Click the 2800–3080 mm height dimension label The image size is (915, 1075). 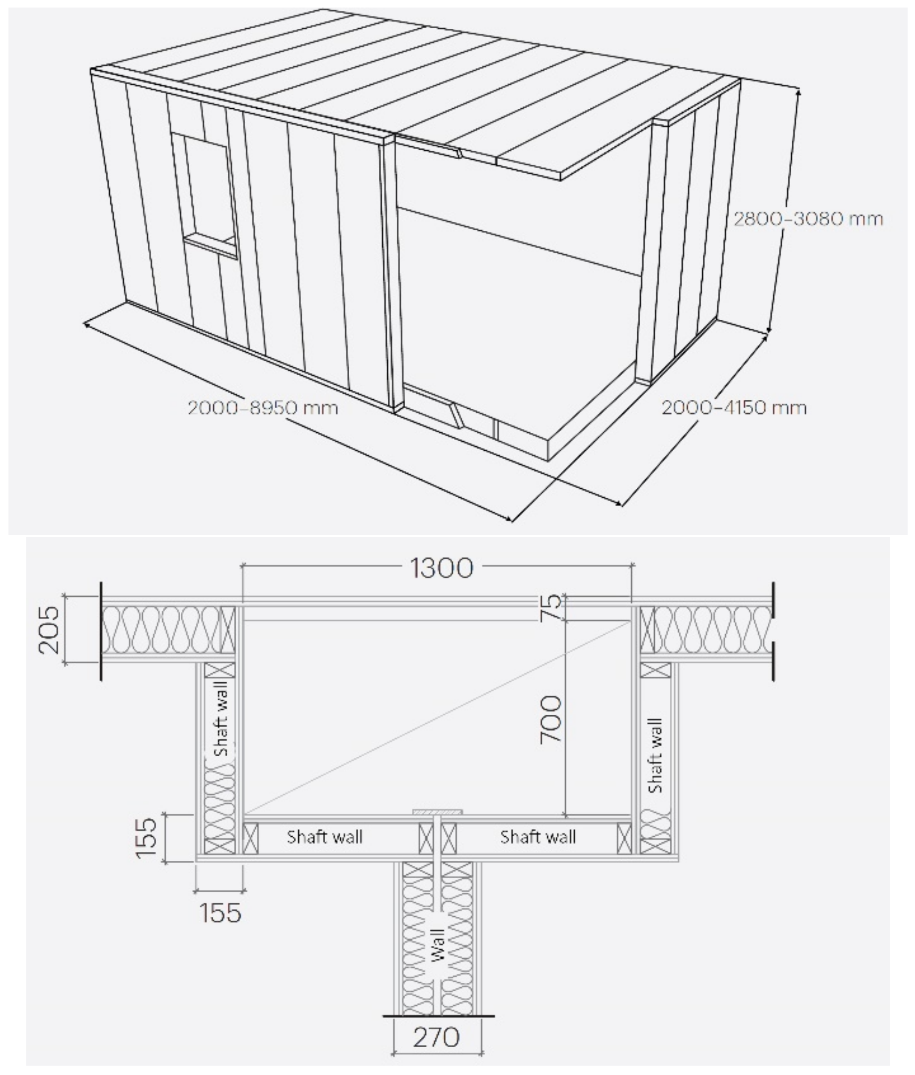coord(808,219)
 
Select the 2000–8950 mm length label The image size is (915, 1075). coord(263,408)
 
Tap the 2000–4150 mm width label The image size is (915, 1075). coord(734,408)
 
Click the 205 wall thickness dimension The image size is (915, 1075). coord(50,630)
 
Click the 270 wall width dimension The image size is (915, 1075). coord(436,1037)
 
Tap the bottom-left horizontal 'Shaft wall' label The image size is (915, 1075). coord(325,836)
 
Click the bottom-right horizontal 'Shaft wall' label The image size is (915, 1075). coord(538,836)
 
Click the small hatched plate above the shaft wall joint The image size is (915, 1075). coord(437,811)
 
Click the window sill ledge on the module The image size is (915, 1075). coord(209,244)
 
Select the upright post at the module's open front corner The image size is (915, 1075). coord(393,275)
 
